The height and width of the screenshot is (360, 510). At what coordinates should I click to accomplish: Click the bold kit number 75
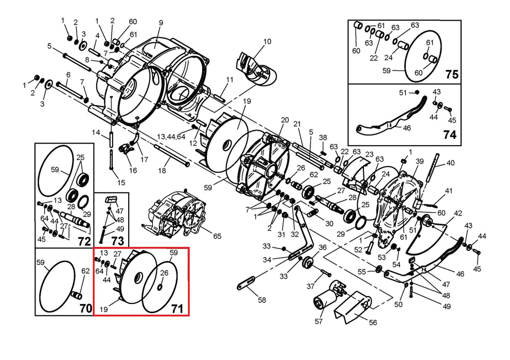[x=451, y=75]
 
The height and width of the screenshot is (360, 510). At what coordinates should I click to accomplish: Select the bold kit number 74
[x=449, y=134]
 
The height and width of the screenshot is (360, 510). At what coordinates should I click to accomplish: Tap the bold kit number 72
[x=83, y=241]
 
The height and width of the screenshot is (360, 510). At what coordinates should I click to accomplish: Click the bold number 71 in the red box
[x=177, y=309]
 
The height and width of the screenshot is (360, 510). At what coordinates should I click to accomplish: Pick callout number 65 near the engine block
[x=217, y=236]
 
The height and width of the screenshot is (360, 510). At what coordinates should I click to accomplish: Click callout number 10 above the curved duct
[x=267, y=42]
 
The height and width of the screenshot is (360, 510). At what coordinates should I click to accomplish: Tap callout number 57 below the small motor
[x=319, y=321]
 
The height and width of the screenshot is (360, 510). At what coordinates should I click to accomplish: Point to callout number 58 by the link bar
[x=262, y=300]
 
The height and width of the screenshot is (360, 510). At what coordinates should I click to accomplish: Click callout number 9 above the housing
[x=161, y=23]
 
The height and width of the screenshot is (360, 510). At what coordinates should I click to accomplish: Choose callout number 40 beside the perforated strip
[x=451, y=163]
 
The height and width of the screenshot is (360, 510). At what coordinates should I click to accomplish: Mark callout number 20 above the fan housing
[x=285, y=120]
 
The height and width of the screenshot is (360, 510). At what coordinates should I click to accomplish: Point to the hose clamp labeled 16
[x=124, y=150]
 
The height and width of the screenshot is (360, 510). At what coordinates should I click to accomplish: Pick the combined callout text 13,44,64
[x=172, y=136]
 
